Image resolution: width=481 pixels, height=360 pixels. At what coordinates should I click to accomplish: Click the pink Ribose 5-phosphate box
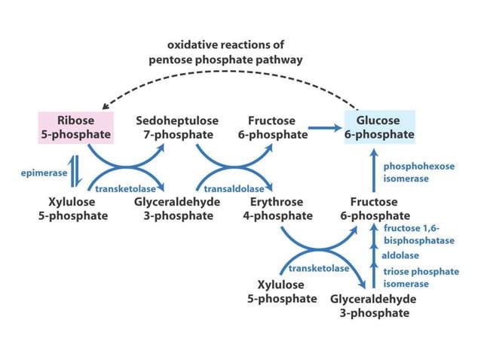tap(75, 127)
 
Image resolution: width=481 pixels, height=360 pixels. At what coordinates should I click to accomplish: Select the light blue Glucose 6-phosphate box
tap(379, 127)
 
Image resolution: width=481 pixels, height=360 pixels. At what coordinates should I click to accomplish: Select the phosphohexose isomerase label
tap(418, 171)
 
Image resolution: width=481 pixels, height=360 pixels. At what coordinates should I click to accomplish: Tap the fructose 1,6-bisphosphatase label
tap(418, 233)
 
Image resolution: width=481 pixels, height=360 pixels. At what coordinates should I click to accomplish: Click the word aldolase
tap(400, 256)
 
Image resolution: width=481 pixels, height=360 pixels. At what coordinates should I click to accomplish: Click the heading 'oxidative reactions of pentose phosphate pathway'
tap(225, 52)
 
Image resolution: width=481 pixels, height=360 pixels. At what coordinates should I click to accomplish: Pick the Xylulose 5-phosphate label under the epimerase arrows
tap(77, 209)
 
